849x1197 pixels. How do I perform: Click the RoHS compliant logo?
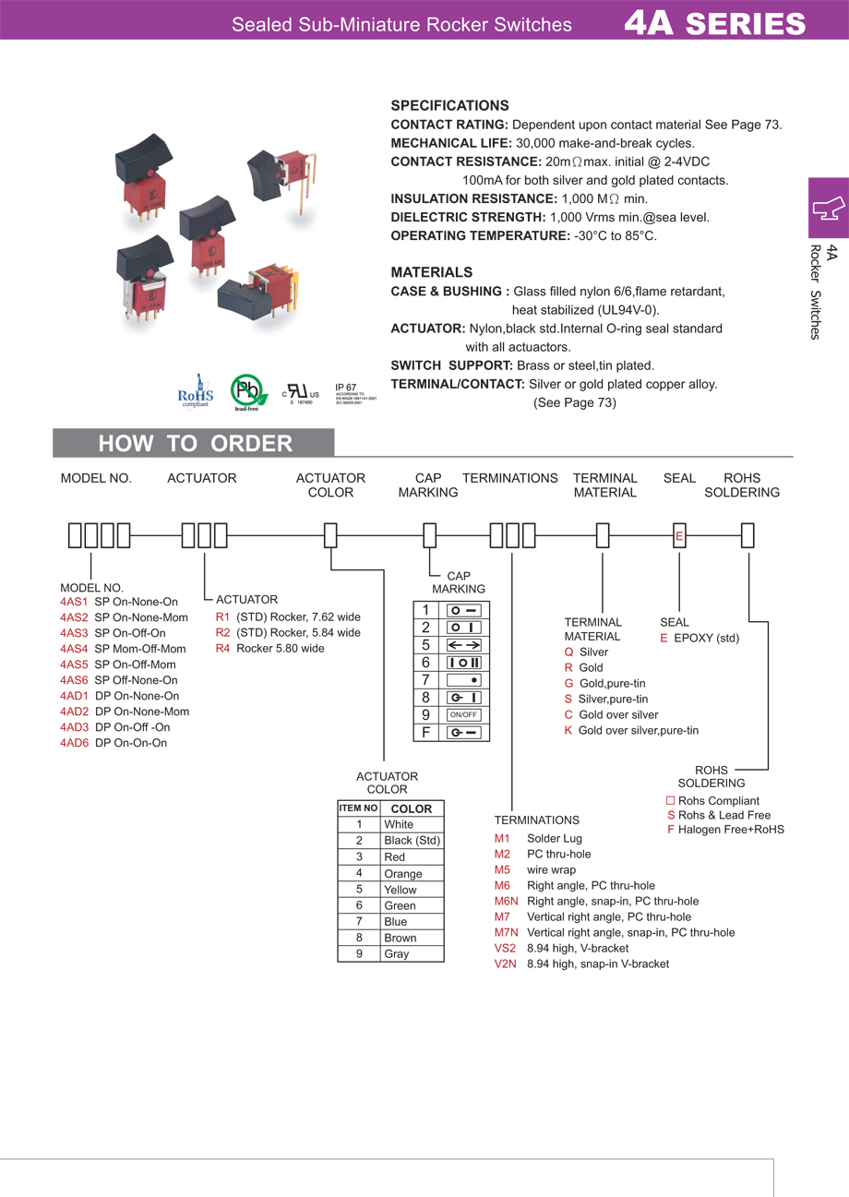coord(195,389)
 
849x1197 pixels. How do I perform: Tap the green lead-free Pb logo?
coord(246,389)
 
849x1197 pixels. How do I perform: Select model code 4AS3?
coord(74,633)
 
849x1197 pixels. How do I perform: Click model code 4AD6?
coord(74,743)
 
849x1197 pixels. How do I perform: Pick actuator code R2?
coord(222,633)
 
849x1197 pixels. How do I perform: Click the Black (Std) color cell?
coord(412,841)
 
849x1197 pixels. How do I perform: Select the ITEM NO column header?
coord(358,808)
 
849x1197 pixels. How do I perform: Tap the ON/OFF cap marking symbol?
coord(464,715)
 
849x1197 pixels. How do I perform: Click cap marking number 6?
coord(426,663)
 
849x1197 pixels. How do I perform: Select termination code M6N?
coord(507,901)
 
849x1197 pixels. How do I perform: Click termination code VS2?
coord(505,948)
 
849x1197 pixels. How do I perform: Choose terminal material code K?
coord(568,730)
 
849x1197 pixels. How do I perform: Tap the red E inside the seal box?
coord(679,536)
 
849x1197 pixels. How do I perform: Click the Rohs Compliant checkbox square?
coord(671,800)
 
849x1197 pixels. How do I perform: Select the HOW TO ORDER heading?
coord(195,444)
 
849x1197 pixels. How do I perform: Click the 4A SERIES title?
coord(714,22)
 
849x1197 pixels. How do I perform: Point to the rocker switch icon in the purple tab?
coord(828,208)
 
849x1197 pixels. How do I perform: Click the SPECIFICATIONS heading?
coord(449,105)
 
